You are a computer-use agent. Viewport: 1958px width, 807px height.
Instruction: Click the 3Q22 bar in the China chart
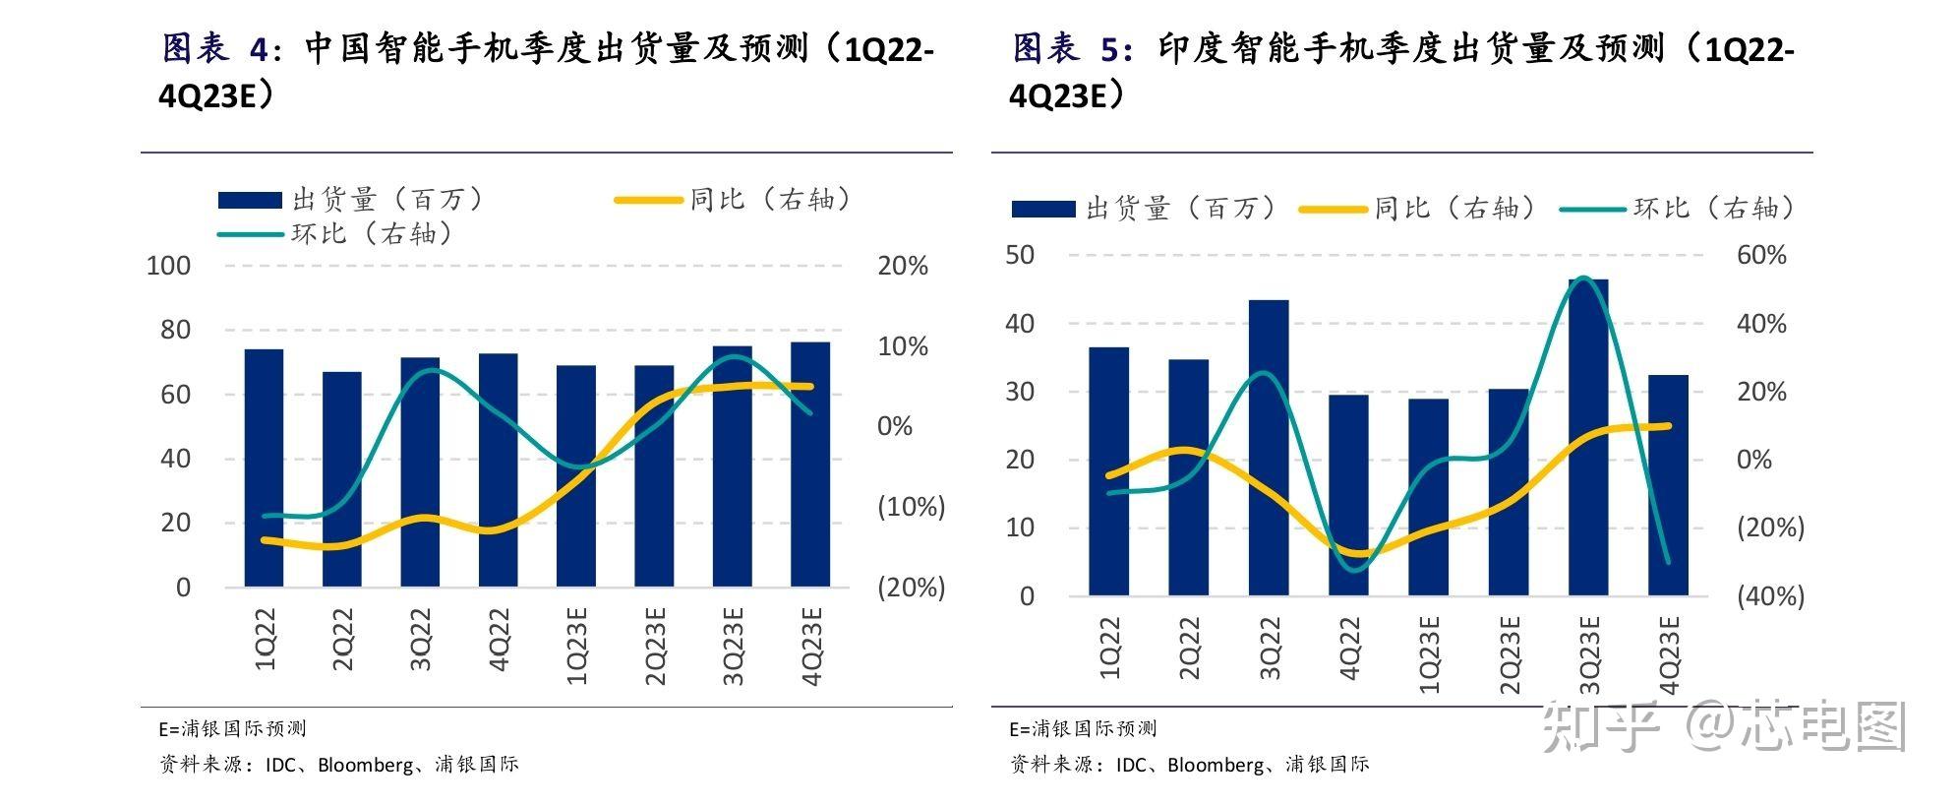[420, 472]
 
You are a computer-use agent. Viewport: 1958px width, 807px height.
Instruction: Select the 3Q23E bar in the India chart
[1588, 438]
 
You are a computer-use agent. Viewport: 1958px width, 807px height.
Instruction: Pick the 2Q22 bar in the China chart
[342, 479]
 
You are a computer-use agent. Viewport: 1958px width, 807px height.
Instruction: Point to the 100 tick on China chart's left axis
[168, 266]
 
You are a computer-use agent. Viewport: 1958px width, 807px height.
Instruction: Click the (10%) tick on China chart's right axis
[911, 507]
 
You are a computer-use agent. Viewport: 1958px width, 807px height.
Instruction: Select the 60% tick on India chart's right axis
[1761, 256]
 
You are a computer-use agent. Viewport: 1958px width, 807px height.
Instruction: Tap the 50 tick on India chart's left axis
[1020, 255]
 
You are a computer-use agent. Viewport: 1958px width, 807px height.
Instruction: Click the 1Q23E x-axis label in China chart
[576, 646]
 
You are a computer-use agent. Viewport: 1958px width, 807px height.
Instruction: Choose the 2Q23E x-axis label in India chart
[1509, 653]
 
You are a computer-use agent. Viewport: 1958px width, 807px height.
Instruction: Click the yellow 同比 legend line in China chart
[648, 200]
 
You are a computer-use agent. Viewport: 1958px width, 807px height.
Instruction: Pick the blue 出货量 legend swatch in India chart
[1043, 209]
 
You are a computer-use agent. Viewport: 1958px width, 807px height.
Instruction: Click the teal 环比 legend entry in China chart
[334, 234]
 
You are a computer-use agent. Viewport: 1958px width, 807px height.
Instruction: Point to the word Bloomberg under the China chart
[365, 765]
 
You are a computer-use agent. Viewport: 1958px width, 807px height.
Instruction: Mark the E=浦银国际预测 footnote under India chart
[1083, 729]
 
